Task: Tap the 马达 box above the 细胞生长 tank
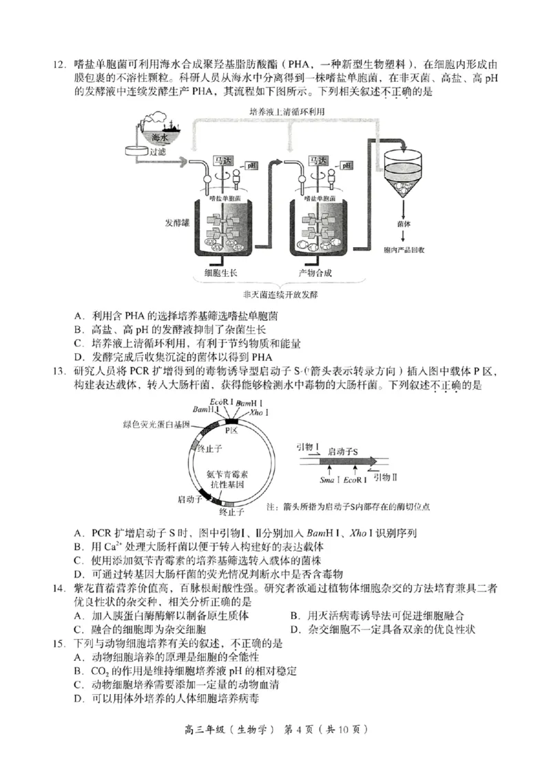(223, 160)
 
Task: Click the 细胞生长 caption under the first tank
(220, 273)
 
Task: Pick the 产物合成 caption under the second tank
(316, 273)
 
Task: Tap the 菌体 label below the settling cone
(404, 223)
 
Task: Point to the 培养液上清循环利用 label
(285, 112)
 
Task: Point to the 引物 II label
(386, 478)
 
